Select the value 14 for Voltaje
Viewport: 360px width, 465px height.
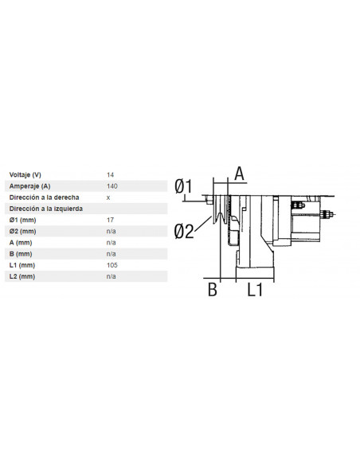[110, 174]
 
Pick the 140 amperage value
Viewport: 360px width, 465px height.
[112, 186]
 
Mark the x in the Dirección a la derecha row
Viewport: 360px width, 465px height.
[108, 197]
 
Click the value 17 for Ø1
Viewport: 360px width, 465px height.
[110, 220]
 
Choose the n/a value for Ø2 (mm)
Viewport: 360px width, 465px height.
[112, 231]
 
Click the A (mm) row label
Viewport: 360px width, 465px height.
[21, 242]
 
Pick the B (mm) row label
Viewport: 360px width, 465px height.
[21, 253]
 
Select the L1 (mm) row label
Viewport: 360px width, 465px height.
[22, 264]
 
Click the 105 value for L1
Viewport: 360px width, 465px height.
[112, 264]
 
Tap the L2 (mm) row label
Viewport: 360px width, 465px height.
[22, 276]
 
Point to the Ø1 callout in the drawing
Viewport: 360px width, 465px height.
[184, 186]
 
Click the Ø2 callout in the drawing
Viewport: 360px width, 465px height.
[184, 231]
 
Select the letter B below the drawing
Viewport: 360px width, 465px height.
[213, 290]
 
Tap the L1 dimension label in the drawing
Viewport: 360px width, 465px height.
[254, 290]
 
